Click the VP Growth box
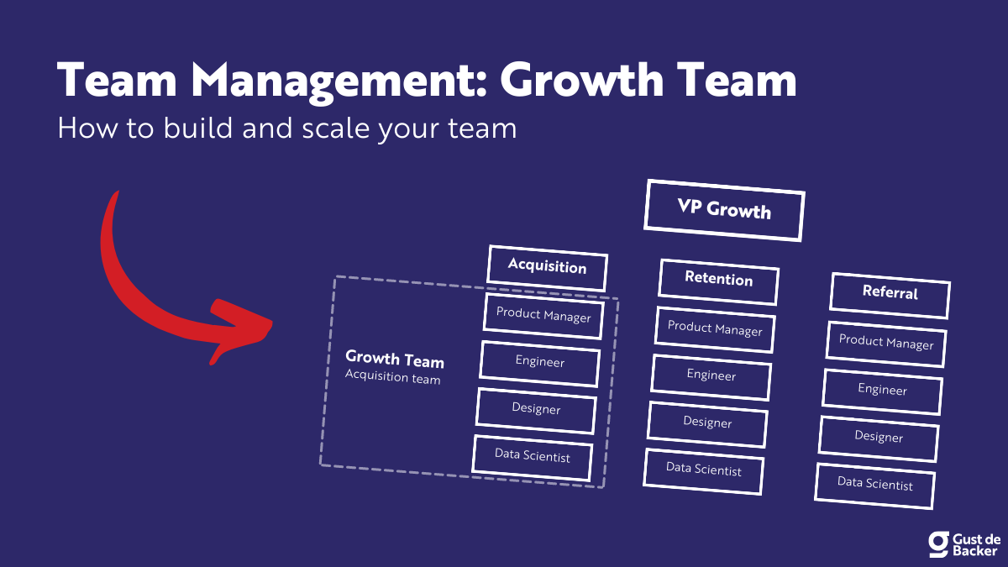pos(724,209)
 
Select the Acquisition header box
pos(547,267)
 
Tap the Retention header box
pos(718,280)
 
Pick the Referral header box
pos(890,293)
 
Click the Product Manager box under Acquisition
pos(543,315)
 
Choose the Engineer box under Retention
pos(711,375)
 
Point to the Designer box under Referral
pos(879,437)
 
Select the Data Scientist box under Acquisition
pos(533,457)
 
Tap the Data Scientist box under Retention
pos(704,470)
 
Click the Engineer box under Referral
pos(882,390)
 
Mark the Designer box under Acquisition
pos(536,410)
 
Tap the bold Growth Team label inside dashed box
pos(395,360)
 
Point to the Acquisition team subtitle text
pos(392,379)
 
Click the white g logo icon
pos(938,543)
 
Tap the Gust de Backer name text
pos(975,543)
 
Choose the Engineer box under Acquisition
pos(540,362)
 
